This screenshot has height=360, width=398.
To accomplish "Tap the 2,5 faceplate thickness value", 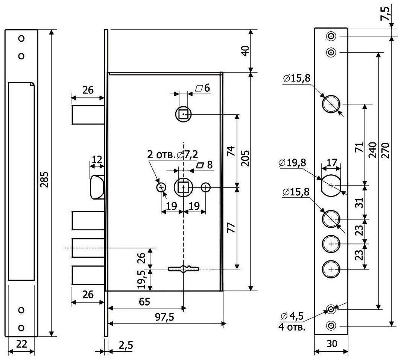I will (x=125, y=345).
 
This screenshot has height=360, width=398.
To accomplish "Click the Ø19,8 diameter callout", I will (x=292, y=163).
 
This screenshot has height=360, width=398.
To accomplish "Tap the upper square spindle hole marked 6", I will (x=183, y=113).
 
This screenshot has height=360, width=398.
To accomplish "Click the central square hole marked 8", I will (x=183, y=187).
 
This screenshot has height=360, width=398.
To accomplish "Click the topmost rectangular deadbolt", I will (x=87, y=115).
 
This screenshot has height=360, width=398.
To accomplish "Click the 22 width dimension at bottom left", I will (x=21, y=345).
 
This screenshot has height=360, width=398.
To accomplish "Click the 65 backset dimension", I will (x=145, y=301).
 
